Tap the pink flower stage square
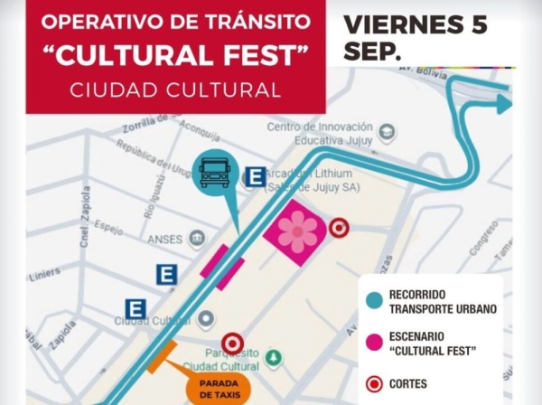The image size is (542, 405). (x=296, y=233)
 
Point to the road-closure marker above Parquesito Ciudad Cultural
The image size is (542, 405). (x=233, y=343)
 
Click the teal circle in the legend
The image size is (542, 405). (x=371, y=302)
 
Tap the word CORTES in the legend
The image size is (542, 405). (x=407, y=384)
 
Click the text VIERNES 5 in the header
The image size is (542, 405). (x=415, y=24)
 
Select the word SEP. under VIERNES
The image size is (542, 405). (x=372, y=52)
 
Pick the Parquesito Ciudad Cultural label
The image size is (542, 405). (x=221, y=360)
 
